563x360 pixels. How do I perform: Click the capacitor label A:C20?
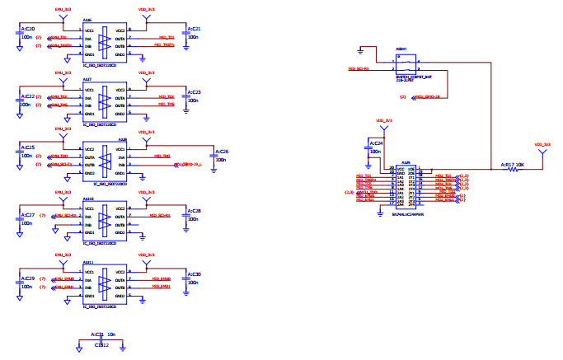(26, 30)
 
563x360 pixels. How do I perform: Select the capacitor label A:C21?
(195, 29)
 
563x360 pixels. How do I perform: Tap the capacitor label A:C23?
(195, 91)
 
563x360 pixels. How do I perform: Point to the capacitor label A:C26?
(220, 152)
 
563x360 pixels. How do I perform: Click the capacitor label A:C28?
(195, 212)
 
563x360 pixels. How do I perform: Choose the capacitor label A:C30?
(195, 273)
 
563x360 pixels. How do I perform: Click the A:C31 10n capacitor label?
(101, 335)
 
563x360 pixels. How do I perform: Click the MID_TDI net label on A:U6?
(167, 37)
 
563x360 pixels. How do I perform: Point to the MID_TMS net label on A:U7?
(167, 105)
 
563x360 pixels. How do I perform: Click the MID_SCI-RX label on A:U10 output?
(160, 216)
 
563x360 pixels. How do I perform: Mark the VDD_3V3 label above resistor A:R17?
(542, 144)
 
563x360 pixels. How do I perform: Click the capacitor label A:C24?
(374, 143)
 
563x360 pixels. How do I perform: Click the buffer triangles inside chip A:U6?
(105, 40)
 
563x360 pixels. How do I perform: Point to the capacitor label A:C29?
(26, 279)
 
